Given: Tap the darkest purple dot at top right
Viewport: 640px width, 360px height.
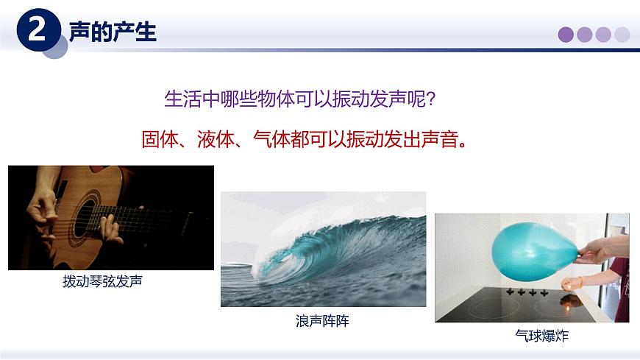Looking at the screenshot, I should (566, 35).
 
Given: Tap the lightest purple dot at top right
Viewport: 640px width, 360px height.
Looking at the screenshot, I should (622, 35).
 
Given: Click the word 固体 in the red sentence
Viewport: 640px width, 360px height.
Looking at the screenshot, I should (160, 138).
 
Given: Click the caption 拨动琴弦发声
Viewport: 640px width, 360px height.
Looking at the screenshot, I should (102, 281).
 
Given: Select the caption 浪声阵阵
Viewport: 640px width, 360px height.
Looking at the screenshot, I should (322, 321).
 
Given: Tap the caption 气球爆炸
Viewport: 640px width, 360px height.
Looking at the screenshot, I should (542, 336).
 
